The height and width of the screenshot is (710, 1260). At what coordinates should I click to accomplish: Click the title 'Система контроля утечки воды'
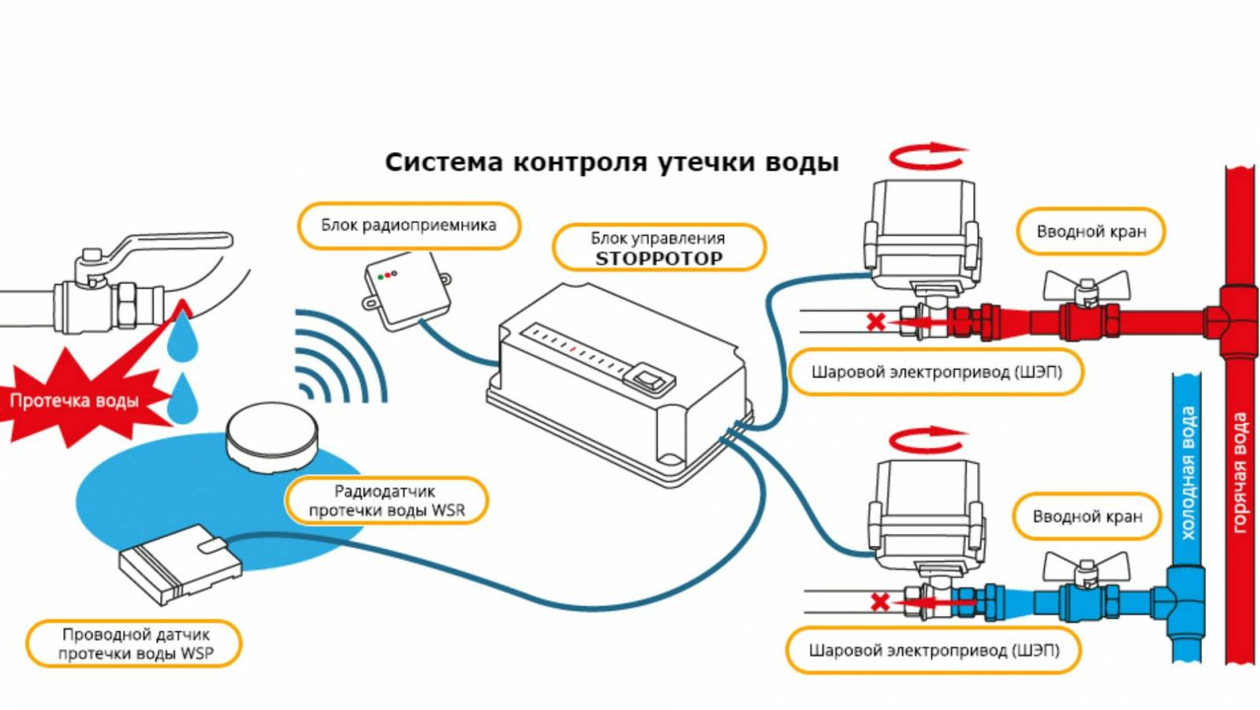tap(612, 163)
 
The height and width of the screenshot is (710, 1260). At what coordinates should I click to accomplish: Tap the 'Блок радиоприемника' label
tap(409, 226)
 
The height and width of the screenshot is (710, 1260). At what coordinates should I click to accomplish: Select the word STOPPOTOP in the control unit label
tap(659, 259)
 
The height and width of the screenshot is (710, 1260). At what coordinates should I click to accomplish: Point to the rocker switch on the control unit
tap(649, 378)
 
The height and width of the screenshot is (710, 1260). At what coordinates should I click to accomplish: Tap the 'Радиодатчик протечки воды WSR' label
tap(386, 501)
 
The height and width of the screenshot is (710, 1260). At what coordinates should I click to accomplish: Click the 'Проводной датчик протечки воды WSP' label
tap(135, 645)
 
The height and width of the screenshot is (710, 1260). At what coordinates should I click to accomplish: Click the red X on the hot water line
tap(876, 323)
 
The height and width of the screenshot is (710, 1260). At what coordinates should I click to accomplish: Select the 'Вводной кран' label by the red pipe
tap(1090, 231)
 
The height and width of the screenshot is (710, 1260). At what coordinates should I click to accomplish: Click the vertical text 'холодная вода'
tap(1188, 473)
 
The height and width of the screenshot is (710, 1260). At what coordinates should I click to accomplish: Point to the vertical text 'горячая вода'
tap(1239, 473)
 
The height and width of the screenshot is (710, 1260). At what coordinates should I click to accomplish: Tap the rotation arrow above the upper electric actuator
tap(929, 156)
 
